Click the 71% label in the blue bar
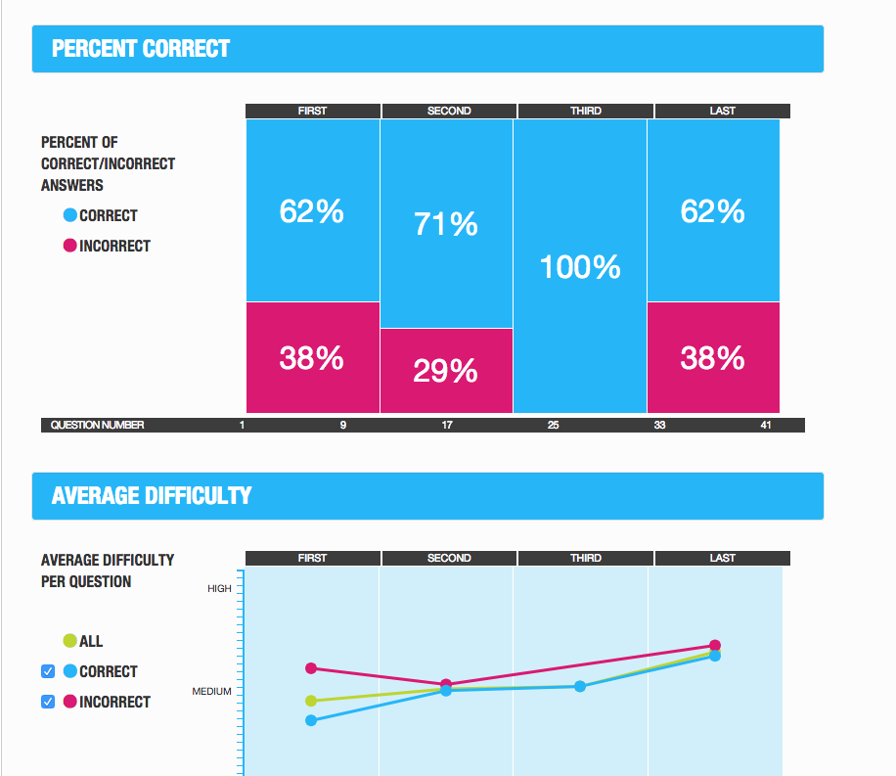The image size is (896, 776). click(x=445, y=224)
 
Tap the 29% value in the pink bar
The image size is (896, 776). click(x=445, y=371)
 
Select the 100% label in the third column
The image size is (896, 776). click(x=580, y=267)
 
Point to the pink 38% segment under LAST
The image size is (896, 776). click(x=712, y=358)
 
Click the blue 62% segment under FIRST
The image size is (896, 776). click(x=312, y=210)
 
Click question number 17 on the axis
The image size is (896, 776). click(x=446, y=425)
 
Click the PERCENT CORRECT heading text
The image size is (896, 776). click(x=141, y=49)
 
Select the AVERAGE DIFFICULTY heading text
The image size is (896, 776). click(x=152, y=496)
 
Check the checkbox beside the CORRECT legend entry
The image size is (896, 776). click(x=48, y=671)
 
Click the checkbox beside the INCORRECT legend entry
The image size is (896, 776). click(x=48, y=702)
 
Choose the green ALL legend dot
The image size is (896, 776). click(x=69, y=641)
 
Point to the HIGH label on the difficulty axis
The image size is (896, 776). click(x=219, y=589)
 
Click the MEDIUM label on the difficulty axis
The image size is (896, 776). click(x=211, y=692)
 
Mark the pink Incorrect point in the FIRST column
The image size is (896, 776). click(x=311, y=668)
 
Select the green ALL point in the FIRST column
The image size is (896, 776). click(x=311, y=701)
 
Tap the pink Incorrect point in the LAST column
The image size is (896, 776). click(x=715, y=645)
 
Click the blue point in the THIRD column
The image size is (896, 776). click(x=580, y=686)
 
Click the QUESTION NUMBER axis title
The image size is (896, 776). click(x=98, y=425)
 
